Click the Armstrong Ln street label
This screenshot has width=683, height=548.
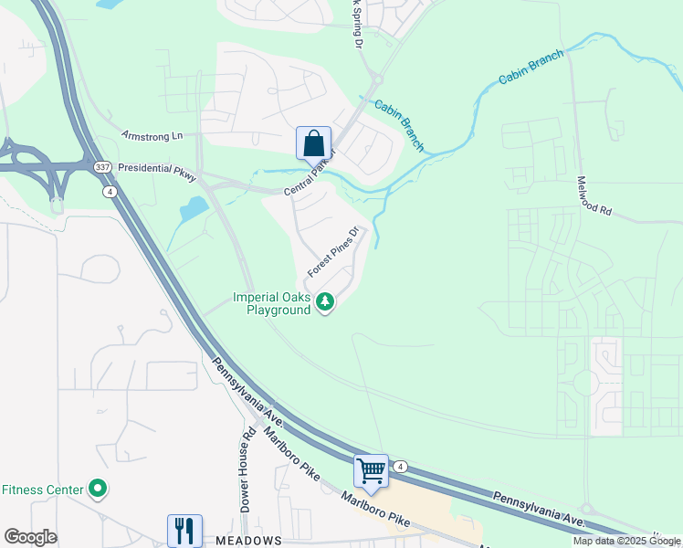tap(152, 136)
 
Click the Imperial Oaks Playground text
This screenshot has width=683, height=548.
tap(272, 303)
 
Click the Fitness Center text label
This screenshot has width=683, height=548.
tap(42, 490)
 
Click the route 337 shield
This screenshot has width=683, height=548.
tap(102, 167)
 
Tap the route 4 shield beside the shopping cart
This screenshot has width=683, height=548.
tap(400, 467)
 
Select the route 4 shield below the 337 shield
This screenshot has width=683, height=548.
tap(109, 191)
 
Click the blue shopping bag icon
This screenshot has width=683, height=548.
tap(313, 143)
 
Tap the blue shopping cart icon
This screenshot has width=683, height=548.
tap(372, 471)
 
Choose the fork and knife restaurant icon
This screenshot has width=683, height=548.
tap(184, 531)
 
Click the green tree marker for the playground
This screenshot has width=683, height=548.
tap(325, 302)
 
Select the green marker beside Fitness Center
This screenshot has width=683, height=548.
tap(98, 490)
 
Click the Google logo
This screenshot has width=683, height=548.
tap(31, 537)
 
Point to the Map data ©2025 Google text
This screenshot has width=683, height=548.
tap(626, 541)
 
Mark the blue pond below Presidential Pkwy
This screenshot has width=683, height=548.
tap(194, 211)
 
